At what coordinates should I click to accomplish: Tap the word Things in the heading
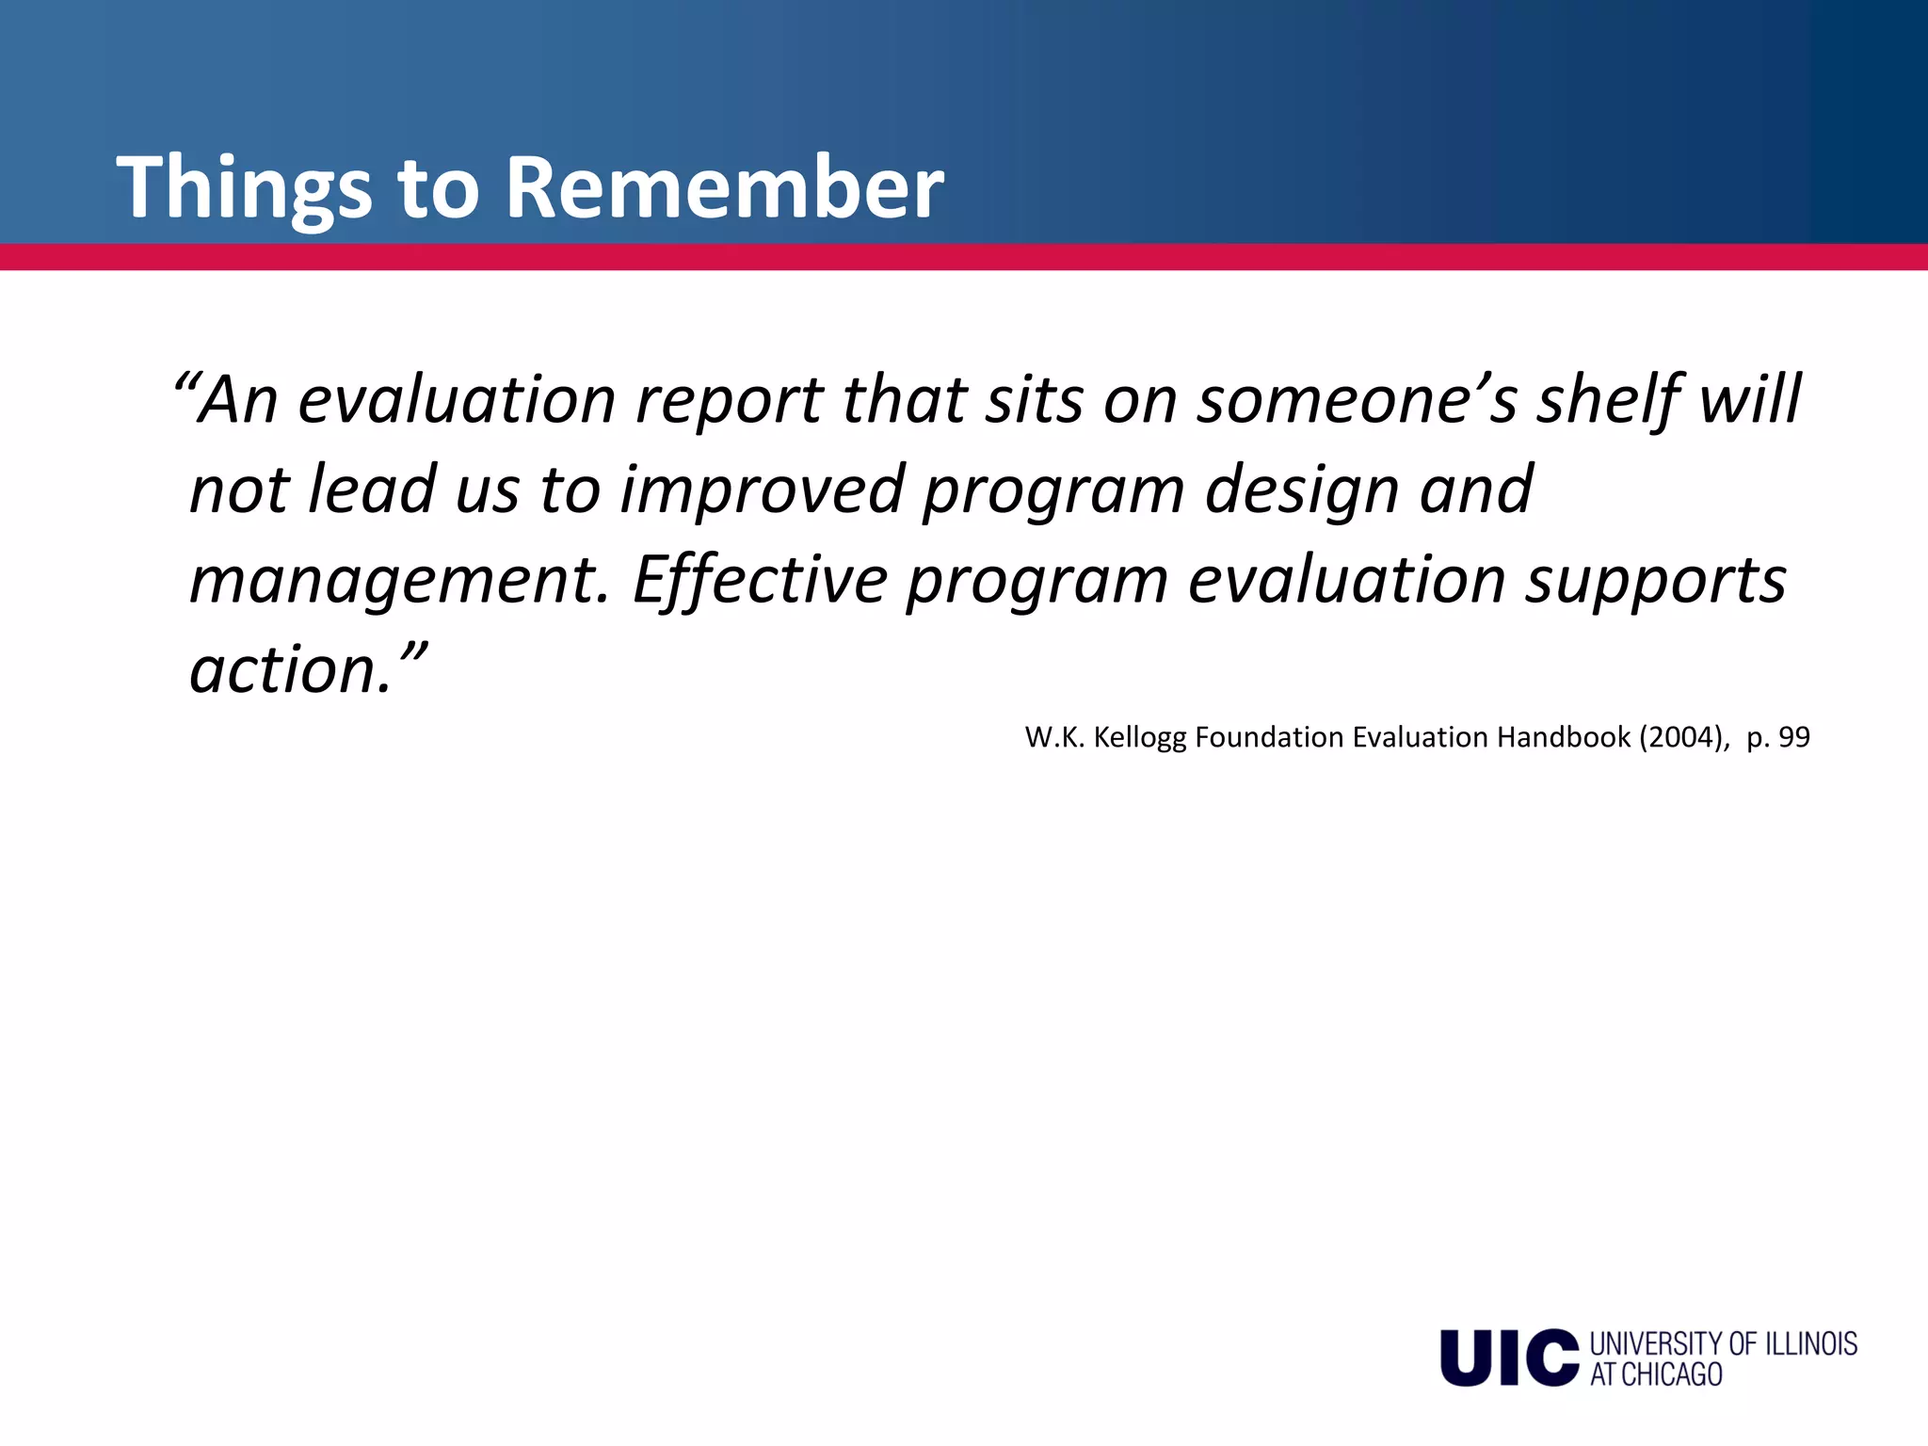(244, 188)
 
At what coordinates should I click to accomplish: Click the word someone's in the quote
(1357, 400)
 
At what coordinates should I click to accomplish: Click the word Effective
(760, 581)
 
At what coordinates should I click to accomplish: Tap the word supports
(1656, 581)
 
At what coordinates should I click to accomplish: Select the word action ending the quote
(287, 670)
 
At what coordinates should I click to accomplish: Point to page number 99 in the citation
(1793, 737)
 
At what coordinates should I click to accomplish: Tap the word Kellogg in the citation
(1140, 737)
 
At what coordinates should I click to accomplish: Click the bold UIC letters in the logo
(1508, 1358)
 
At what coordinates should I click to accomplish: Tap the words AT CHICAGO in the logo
(1656, 1375)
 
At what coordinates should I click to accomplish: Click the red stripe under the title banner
(964, 257)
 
